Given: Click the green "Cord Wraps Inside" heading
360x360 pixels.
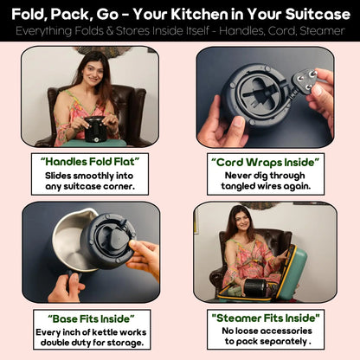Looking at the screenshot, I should click(x=267, y=160).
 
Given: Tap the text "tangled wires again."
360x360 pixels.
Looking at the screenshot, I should click(x=267, y=185).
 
